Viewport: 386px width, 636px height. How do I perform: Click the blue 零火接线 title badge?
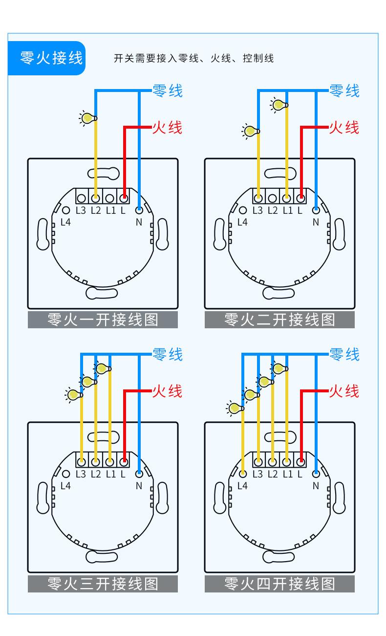(x=46, y=58)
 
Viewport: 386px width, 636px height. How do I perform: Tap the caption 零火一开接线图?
(x=103, y=319)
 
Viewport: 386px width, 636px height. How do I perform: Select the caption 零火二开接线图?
(x=279, y=319)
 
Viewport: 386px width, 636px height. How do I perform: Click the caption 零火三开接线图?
(x=103, y=584)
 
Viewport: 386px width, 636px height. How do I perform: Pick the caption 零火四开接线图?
(x=279, y=584)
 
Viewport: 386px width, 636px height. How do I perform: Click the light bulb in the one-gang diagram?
(x=88, y=118)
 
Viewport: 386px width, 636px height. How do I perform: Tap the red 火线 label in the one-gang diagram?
(x=167, y=128)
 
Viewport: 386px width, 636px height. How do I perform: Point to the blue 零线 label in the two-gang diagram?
(x=344, y=91)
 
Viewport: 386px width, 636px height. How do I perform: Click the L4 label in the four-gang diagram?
(x=242, y=486)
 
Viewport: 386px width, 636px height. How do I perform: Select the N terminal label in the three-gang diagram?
(x=139, y=486)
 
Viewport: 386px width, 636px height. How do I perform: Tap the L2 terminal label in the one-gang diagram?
(x=96, y=210)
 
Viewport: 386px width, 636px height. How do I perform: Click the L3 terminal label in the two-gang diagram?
(x=257, y=210)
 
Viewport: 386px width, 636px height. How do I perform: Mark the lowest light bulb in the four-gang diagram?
(x=235, y=409)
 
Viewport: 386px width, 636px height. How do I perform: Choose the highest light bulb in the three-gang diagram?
(x=103, y=368)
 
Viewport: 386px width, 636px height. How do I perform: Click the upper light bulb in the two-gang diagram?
(x=279, y=105)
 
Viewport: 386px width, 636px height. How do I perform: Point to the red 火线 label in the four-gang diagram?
(x=344, y=391)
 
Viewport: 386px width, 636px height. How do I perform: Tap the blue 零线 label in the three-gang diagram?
(x=167, y=354)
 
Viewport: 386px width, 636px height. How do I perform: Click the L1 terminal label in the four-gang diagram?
(x=288, y=474)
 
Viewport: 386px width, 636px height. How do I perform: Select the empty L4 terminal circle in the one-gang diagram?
(x=66, y=210)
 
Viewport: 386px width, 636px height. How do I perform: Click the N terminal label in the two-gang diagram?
(x=316, y=222)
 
